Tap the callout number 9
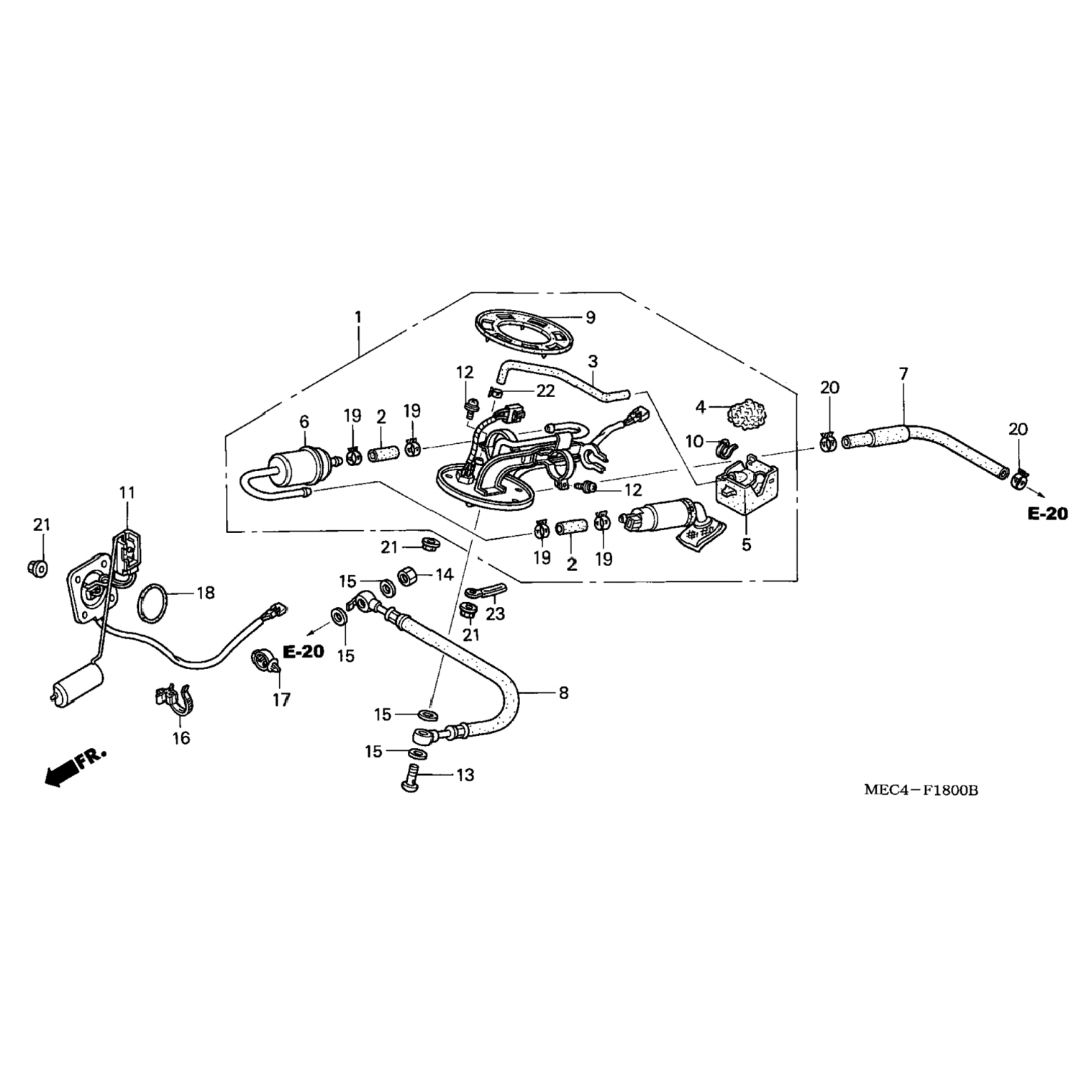tap(591, 317)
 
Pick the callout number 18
tap(206, 593)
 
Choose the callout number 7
tap(903, 374)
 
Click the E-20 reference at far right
tap(1047, 514)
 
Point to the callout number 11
tap(127, 493)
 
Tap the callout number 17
tap(281, 699)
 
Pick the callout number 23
tap(495, 614)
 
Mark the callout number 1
tap(358, 317)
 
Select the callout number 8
tap(563, 693)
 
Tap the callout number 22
tap(546, 391)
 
